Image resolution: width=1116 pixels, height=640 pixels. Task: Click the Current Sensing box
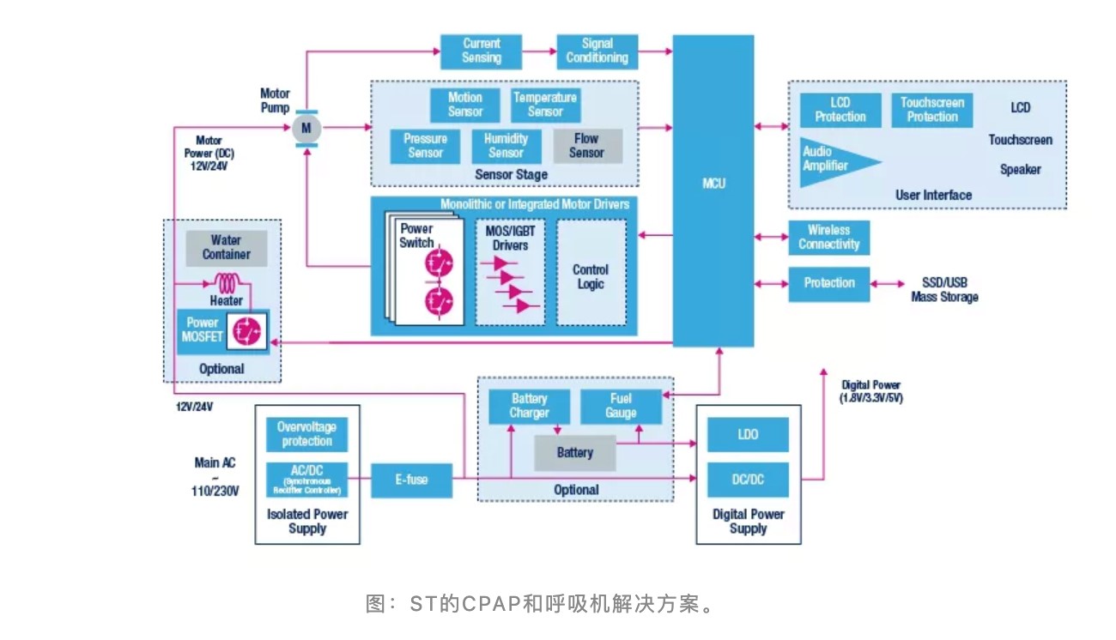(x=481, y=51)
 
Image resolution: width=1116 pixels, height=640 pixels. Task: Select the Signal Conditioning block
(x=597, y=51)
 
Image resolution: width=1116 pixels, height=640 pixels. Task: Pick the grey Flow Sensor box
(x=586, y=146)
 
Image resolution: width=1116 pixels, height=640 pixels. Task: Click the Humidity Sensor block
(x=506, y=146)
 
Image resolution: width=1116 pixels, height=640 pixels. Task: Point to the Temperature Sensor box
(x=545, y=105)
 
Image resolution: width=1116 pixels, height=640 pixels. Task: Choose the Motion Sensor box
(x=465, y=105)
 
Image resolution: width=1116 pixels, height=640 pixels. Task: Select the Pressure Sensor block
(x=425, y=146)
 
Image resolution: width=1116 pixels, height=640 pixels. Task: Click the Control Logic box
(x=590, y=272)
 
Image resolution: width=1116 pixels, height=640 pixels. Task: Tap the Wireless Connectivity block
(x=828, y=238)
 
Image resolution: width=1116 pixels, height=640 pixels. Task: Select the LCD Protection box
(x=840, y=111)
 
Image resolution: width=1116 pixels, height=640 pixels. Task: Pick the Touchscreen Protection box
(x=932, y=111)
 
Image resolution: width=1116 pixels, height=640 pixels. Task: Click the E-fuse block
(x=411, y=480)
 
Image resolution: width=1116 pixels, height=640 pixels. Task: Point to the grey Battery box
(x=574, y=452)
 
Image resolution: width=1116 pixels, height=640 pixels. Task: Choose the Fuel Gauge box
(x=621, y=406)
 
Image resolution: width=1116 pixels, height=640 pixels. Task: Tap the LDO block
(x=748, y=435)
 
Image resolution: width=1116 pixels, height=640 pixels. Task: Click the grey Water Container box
(x=227, y=247)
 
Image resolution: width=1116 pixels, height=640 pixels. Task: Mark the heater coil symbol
(x=227, y=282)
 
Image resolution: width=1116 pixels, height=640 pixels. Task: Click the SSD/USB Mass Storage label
(x=944, y=290)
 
